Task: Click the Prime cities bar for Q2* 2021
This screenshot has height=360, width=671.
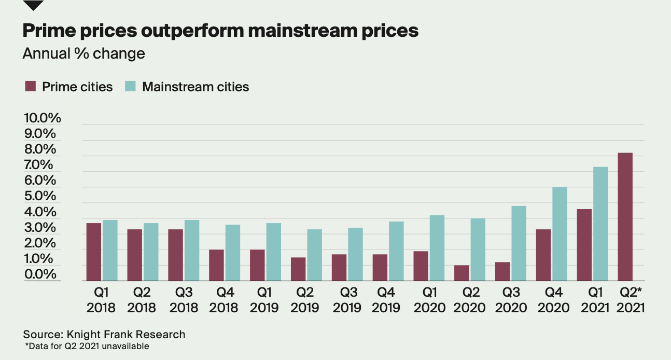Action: coord(625,217)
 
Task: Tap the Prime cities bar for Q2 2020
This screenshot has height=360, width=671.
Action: coord(462,273)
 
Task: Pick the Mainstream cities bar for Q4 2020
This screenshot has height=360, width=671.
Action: coord(560,234)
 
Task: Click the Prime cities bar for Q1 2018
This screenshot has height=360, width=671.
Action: coord(94,252)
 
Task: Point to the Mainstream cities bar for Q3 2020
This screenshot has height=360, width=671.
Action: coord(519,243)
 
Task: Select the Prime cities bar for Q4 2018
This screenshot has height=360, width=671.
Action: coord(216,265)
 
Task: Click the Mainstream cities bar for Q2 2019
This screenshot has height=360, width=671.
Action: coord(314,255)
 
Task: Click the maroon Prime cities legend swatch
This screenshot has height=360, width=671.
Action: coord(31,87)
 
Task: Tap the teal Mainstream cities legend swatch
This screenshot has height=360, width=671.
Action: coord(131,87)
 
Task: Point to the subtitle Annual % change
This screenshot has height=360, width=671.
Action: coord(83,53)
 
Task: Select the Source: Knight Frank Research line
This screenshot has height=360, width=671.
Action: coord(104,335)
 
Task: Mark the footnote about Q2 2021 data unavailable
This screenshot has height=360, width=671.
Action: coord(87,346)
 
